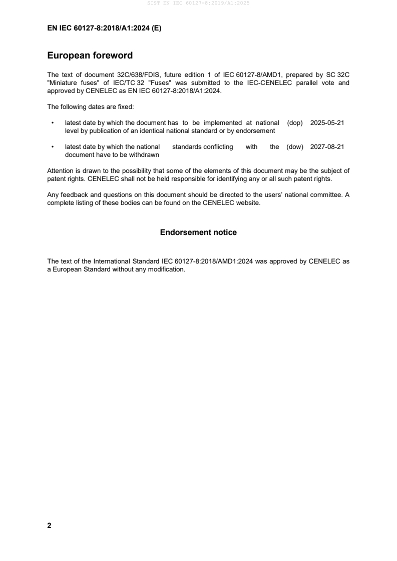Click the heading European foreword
(90, 55)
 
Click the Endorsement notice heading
(198, 232)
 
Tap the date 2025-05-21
(327, 122)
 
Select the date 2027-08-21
(327, 147)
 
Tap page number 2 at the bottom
(49, 525)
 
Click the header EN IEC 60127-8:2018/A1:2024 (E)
(104, 28)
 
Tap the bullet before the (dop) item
(53, 123)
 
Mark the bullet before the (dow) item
(53, 147)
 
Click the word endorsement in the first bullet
(257, 130)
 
